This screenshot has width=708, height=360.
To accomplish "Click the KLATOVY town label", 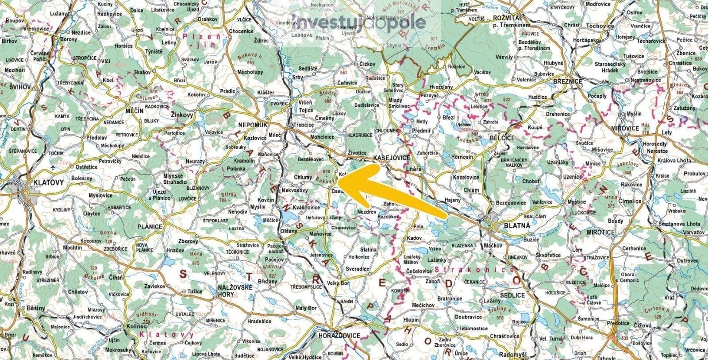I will click(49, 182).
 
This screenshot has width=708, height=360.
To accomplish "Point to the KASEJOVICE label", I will click(392, 158).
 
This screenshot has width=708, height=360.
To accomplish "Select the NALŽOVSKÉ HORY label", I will click(235, 291).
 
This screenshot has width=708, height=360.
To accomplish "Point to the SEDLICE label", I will click(512, 295).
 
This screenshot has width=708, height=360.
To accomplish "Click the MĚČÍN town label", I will click(135, 110).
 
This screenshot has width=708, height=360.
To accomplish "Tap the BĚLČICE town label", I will click(502, 138).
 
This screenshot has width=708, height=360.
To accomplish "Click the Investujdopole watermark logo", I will click(359, 22).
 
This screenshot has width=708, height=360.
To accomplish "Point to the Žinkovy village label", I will click(182, 115).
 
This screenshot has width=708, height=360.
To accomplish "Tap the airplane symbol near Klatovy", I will click(54, 167).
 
